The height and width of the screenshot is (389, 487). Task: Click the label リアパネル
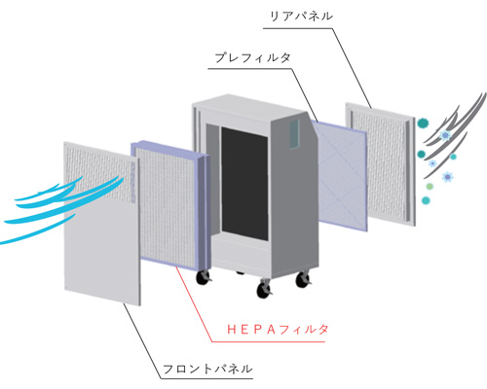[301, 17]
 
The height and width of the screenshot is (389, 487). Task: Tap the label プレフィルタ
[252, 57]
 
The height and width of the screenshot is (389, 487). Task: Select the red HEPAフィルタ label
[278, 330]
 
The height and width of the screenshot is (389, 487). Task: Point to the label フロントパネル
[207, 369]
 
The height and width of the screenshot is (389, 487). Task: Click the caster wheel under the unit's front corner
[264, 289]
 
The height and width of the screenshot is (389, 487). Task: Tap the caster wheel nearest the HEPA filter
[204, 277]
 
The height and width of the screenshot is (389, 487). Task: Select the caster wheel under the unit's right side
[303, 279]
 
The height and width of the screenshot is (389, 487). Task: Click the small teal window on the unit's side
[294, 134]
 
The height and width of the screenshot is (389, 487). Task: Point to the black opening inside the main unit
[244, 184]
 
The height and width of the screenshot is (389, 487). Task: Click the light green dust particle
[430, 187]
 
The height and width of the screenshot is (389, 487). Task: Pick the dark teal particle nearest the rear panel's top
[423, 123]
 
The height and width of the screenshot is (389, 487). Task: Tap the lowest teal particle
[426, 200]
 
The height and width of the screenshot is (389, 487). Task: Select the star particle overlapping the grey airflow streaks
[445, 134]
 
